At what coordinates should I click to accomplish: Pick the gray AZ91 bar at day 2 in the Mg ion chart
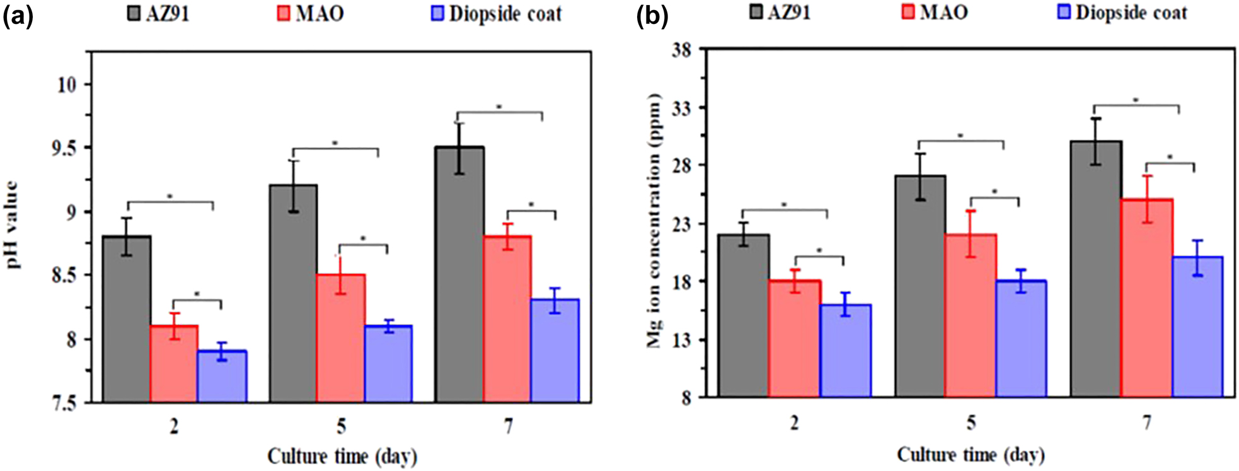click(744, 315)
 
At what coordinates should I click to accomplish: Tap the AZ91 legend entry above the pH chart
click(159, 14)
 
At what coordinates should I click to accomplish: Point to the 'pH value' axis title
click(12, 225)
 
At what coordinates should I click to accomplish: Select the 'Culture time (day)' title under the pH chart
click(342, 456)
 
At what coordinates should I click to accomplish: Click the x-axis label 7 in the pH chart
click(508, 427)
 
